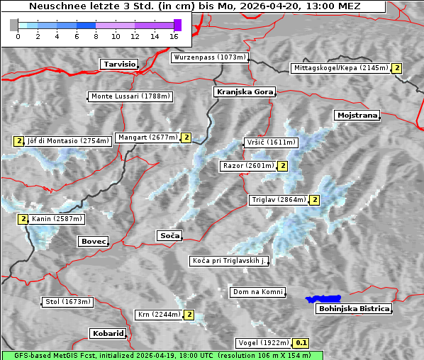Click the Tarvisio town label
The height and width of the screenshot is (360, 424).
(119, 64)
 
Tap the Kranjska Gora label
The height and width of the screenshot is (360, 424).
(243, 92)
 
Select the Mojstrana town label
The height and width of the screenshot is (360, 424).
(357, 115)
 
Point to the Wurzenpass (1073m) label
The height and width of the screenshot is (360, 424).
(210, 57)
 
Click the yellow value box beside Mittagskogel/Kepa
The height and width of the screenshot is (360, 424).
(397, 68)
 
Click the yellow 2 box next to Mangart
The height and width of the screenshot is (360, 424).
(186, 137)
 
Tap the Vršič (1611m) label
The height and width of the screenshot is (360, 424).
(269, 142)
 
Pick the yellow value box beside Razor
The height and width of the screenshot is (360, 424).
(282, 166)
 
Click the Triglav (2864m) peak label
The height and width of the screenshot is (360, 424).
(279, 200)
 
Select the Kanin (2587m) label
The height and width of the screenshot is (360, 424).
(57, 219)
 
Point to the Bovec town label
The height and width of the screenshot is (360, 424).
(93, 242)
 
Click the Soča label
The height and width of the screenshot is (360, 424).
(169, 235)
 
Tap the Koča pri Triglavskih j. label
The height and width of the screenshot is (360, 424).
(230, 261)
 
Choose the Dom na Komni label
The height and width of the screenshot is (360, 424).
(257, 292)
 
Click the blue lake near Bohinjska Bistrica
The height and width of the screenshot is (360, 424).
(323, 300)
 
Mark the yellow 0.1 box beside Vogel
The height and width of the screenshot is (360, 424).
(301, 343)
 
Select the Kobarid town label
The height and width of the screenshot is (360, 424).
(108, 333)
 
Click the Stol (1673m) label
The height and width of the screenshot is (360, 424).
(68, 302)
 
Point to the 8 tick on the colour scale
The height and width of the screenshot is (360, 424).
(96, 35)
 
